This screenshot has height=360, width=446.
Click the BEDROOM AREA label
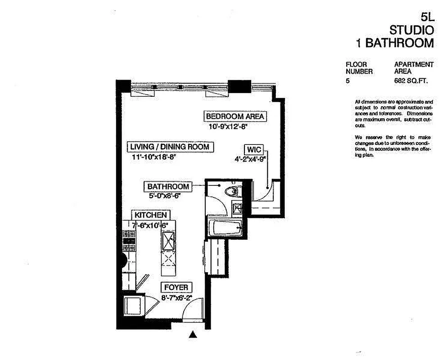[x=235, y=117]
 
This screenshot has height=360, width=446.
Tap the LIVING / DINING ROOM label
[x=170, y=147]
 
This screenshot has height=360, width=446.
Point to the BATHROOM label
[x=168, y=186]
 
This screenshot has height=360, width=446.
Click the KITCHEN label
[x=150, y=215]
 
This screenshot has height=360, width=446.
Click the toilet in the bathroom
[x=232, y=191]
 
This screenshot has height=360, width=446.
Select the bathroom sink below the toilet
[x=236, y=207]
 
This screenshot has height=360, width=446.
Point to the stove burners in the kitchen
[x=129, y=241]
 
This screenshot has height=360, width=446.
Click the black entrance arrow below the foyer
[x=193, y=334]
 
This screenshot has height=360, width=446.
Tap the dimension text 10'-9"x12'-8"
[x=229, y=127]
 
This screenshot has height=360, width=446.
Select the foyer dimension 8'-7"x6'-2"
[x=177, y=297]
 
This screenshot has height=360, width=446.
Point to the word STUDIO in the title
[x=411, y=30]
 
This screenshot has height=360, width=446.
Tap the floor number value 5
[x=347, y=81]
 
